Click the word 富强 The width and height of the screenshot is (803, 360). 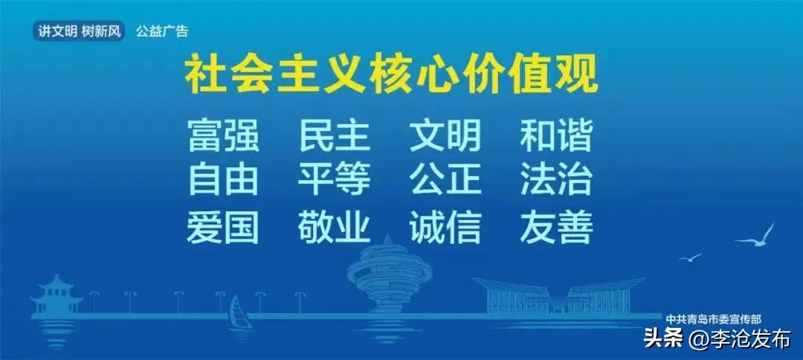click(223, 136)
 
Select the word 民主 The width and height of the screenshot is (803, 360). click(334, 136)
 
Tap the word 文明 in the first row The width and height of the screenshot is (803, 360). click(445, 136)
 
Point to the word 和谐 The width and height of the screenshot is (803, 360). click(555, 136)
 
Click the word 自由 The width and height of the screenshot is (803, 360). click(223, 180)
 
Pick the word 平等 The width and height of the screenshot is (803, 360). click(334, 180)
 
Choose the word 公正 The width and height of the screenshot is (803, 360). click(445, 180)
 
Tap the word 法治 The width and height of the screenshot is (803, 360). click(555, 180)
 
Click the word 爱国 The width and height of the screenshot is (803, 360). click(223, 227)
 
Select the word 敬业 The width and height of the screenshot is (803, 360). click(334, 227)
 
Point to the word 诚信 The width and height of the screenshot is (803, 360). click(445, 227)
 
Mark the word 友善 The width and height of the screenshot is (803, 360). click(555, 227)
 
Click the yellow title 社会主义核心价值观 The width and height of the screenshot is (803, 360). click(391, 76)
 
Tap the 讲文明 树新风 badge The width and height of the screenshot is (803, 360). click(80, 31)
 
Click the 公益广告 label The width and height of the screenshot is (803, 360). click(162, 31)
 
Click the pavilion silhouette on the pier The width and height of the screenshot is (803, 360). click(56, 295)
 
